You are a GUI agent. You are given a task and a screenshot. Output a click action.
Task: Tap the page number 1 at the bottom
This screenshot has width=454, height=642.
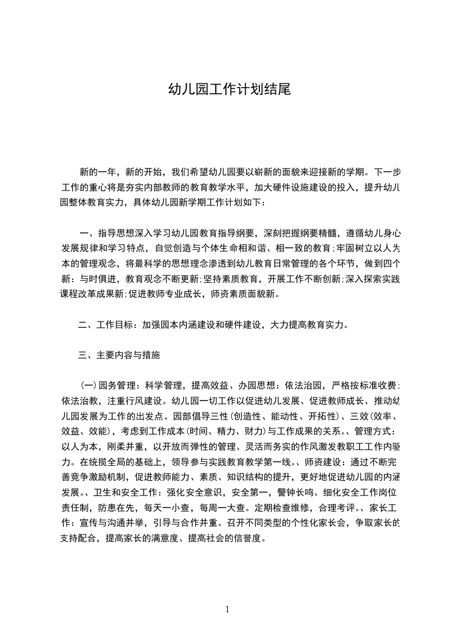227,609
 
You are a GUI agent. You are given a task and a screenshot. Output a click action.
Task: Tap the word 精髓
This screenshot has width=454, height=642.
330,233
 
